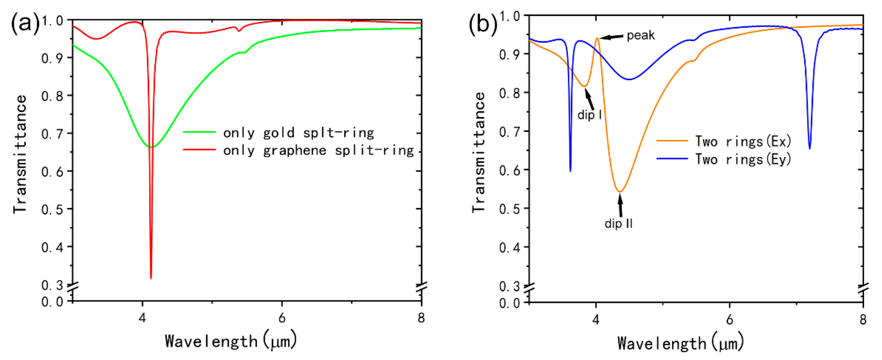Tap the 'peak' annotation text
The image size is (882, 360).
(640, 35)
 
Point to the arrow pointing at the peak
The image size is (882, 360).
(611, 37)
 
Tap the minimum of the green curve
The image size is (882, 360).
(151, 147)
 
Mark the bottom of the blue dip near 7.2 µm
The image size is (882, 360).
(809, 148)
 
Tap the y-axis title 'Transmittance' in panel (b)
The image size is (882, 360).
(478, 152)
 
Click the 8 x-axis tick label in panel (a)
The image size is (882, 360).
(421, 318)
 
